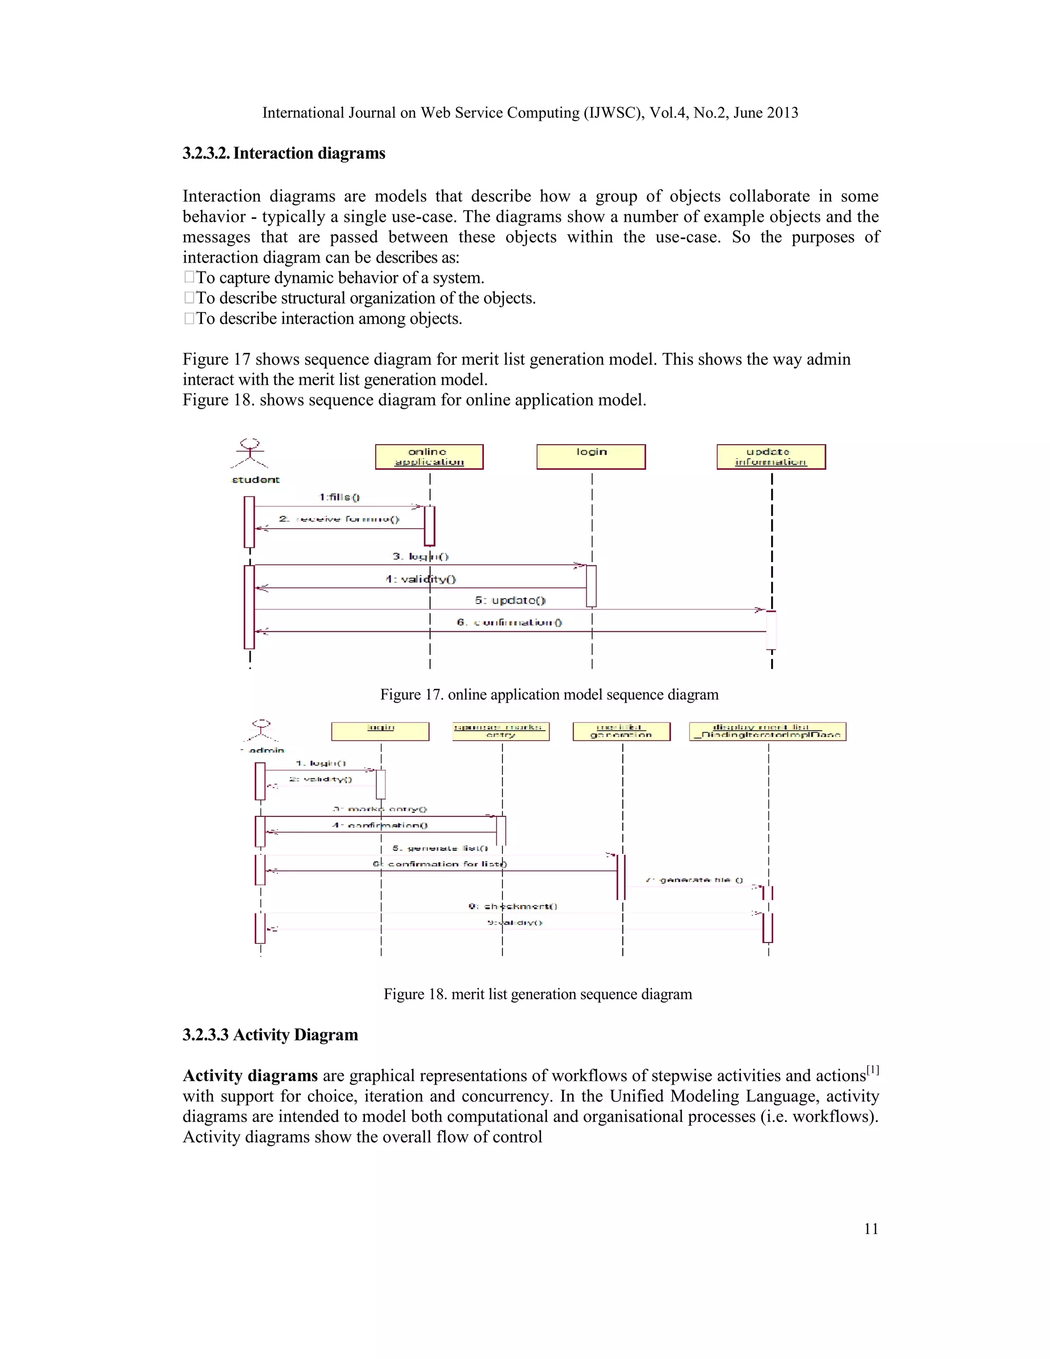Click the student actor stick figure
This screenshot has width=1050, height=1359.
[x=250, y=453]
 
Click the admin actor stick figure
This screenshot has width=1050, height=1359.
[x=261, y=731]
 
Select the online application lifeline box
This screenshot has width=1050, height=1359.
[x=429, y=457]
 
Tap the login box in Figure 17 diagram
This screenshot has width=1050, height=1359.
[x=591, y=457]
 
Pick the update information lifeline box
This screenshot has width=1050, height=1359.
[x=771, y=457]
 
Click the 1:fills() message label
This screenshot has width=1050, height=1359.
[x=339, y=497]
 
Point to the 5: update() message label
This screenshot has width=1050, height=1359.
[x=510, y=601]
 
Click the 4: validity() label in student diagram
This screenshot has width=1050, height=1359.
[x=420, y=579]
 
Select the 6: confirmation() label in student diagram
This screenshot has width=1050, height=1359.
[x=510, y=622]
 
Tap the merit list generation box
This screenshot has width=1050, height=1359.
[x=621, y=731]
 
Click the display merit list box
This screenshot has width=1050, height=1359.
[x=768, y=731]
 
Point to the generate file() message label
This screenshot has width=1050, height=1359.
[x=694, y=880]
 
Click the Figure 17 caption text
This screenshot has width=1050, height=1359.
[x=549, y=694]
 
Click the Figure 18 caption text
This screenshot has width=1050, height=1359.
[x=537, y=994]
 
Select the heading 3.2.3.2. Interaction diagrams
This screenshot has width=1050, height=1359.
[x=284, y=153]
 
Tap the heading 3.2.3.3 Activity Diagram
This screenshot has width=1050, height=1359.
[x=270, y=1035]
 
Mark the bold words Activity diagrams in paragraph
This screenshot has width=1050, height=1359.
[x=250, y=1076]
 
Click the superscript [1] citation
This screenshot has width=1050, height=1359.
[x=873, y=1070]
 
